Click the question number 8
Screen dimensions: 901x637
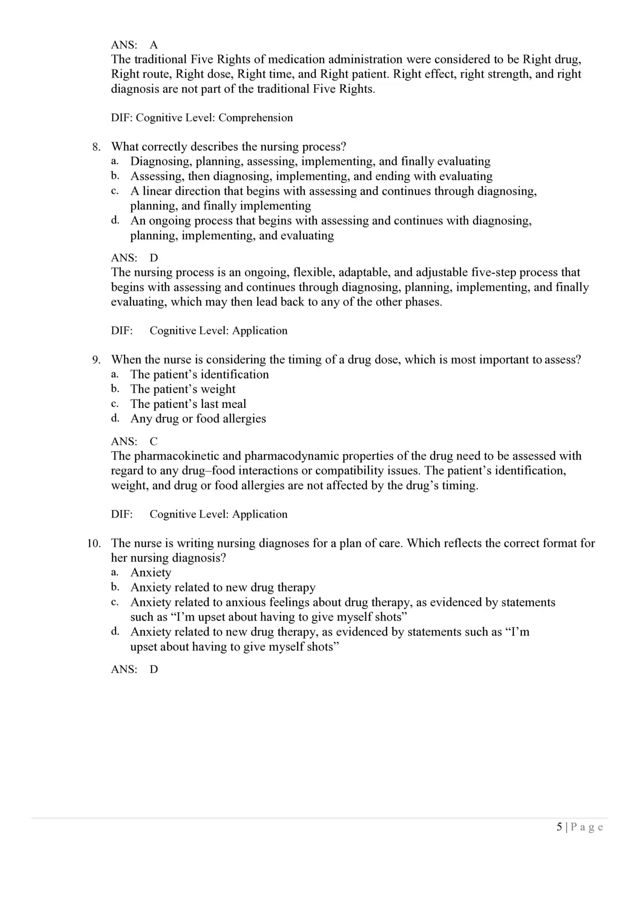click(95, 147)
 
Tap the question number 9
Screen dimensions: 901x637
click(95, 360)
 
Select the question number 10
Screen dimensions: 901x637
click(94, 543)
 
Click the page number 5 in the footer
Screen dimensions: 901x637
click(559, 827)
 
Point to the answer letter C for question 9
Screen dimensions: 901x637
click(154, 441)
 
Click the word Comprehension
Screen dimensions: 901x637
click(256, 118)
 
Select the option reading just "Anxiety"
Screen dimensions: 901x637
click(150, 572)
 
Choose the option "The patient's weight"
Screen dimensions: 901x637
click(183, 389)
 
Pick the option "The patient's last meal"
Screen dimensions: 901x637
click(188, 404)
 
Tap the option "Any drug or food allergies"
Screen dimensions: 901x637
click(198, 419)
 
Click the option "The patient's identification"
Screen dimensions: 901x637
click(199, 374)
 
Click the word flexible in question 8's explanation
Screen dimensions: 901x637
click(311, 272)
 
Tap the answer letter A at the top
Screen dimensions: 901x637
click(154, 45)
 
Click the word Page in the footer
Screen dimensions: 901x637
click(587, 827)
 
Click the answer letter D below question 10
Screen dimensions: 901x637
click(154, 669)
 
